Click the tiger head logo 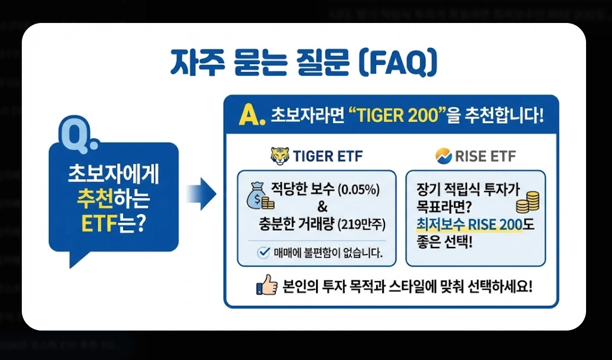[280, 156]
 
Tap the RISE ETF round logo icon [443, 156]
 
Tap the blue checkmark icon [263, 253]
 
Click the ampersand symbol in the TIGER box [322, 207]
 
